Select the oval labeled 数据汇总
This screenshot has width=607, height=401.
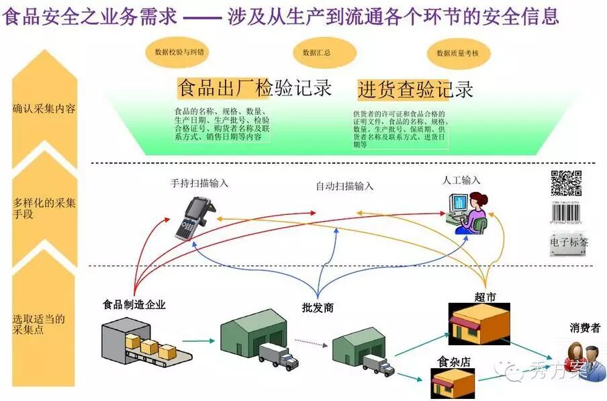click(x=316, y=52)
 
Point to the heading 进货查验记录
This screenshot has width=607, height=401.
click(x=415, y=89)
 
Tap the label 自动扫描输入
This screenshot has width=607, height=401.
click(x=344, y=186)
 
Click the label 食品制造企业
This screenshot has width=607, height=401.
click(x=134, y=304)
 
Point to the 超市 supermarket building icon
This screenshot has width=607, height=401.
click(x=479, y=323)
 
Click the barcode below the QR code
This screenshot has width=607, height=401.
click(x=566, y=214)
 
